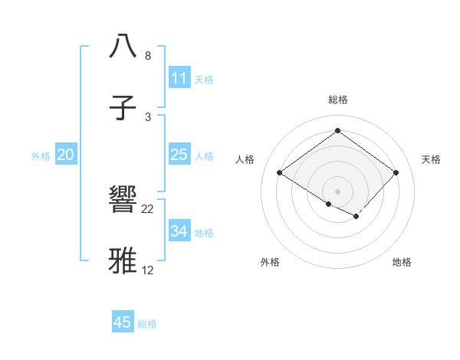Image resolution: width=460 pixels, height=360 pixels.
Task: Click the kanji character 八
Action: click(x=123, y=47)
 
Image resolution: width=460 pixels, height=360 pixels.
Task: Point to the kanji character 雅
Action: click(x=123, y=261)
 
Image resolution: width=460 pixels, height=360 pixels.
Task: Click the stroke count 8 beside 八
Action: click(x=147, y=56)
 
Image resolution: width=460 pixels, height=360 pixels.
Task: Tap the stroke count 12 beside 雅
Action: click(x=148, y=270)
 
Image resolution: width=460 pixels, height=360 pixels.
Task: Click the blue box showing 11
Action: click(x=179, y=78)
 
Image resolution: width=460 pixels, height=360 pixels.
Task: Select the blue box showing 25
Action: click(x=179, y=155)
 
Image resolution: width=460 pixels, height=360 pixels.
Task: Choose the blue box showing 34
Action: click(x=179, y=231)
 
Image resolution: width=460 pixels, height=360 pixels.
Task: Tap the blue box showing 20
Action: click(x=66, y=155)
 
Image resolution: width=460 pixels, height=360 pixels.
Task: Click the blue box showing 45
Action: click(x=123, y=322)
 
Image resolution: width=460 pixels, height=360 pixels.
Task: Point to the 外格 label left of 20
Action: click(x=41, y=156)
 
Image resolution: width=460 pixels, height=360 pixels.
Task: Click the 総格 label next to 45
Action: click(x=147, y=324)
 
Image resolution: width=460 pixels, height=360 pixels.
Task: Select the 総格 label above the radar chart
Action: click(x=337, y=100)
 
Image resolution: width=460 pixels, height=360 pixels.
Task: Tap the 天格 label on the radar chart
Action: click(x=431, y=159)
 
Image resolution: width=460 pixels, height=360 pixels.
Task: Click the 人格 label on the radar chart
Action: click(x=245, y=159)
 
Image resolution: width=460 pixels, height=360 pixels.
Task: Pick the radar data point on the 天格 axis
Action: click(x=396, y=172)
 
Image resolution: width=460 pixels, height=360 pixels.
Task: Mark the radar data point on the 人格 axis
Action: click(x=280, y=172)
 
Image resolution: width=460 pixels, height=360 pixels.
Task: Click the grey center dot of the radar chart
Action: click(x=337, y=191)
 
